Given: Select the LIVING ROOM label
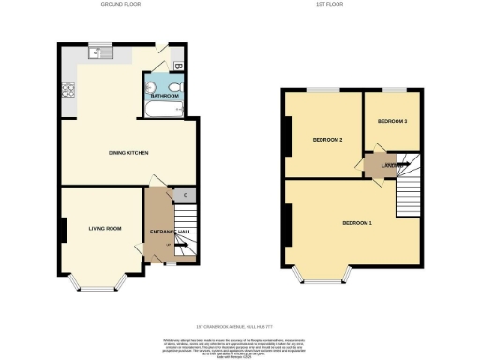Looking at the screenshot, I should point(106,228).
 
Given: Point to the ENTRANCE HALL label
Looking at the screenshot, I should point(170,232).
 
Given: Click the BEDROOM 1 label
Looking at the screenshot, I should point(357,223).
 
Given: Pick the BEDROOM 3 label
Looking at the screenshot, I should point(392,121).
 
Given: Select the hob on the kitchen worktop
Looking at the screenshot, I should point(67,92).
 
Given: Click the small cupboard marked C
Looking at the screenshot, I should point(186,195).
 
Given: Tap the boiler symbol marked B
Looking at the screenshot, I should point(179,67).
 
